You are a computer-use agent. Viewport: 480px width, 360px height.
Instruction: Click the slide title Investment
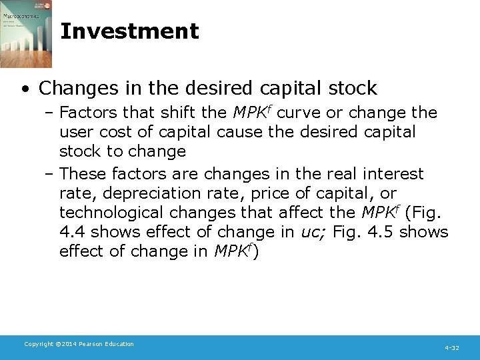click(x=129, y=31)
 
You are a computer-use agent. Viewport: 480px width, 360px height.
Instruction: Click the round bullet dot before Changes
click(x=24, y=89)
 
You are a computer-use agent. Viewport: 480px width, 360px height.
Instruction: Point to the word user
click(x=75, y=132)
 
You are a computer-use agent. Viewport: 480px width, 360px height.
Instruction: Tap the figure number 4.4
click(x=72, y=232)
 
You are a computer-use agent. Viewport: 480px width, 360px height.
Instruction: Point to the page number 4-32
click(x=452, y=348)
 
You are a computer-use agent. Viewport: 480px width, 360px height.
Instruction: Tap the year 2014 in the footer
click(x=64, y=344)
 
